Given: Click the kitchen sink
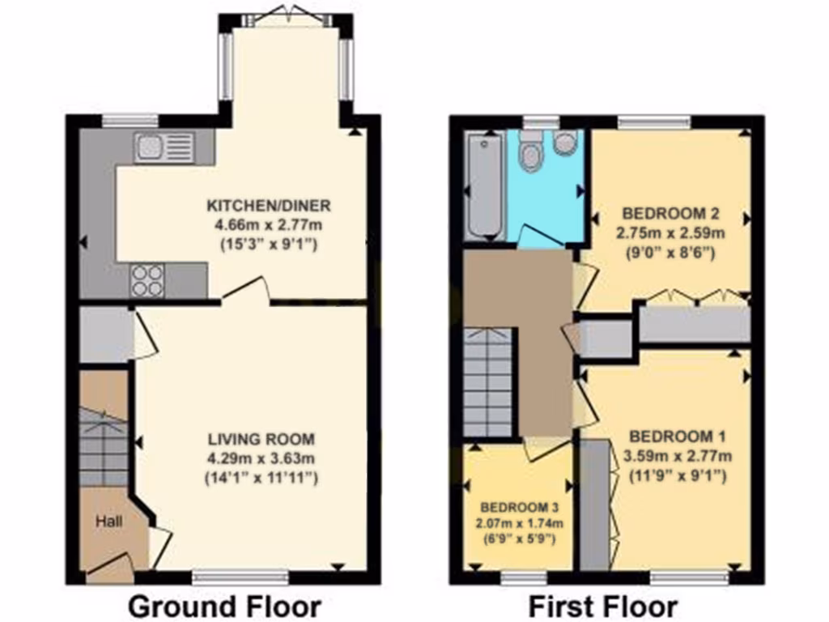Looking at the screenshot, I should (164, 148).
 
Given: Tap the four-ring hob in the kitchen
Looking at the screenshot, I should (147, 280).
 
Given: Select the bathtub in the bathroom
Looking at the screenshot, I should (485, 185).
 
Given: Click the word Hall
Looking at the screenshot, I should (109, 522).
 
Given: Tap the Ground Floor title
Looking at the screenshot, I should (224, 606).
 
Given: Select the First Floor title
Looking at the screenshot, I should (602, 606).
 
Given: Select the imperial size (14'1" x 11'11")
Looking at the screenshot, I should (261, 478).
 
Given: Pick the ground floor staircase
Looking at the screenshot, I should (104, 445).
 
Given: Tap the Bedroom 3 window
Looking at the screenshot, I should (524, 577).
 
